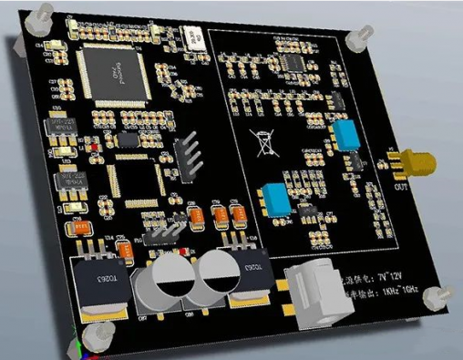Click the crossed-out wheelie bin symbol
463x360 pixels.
coord(265,145)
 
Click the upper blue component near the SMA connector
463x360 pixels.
coord(345,138)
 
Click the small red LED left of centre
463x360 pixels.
coord(94,147)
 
